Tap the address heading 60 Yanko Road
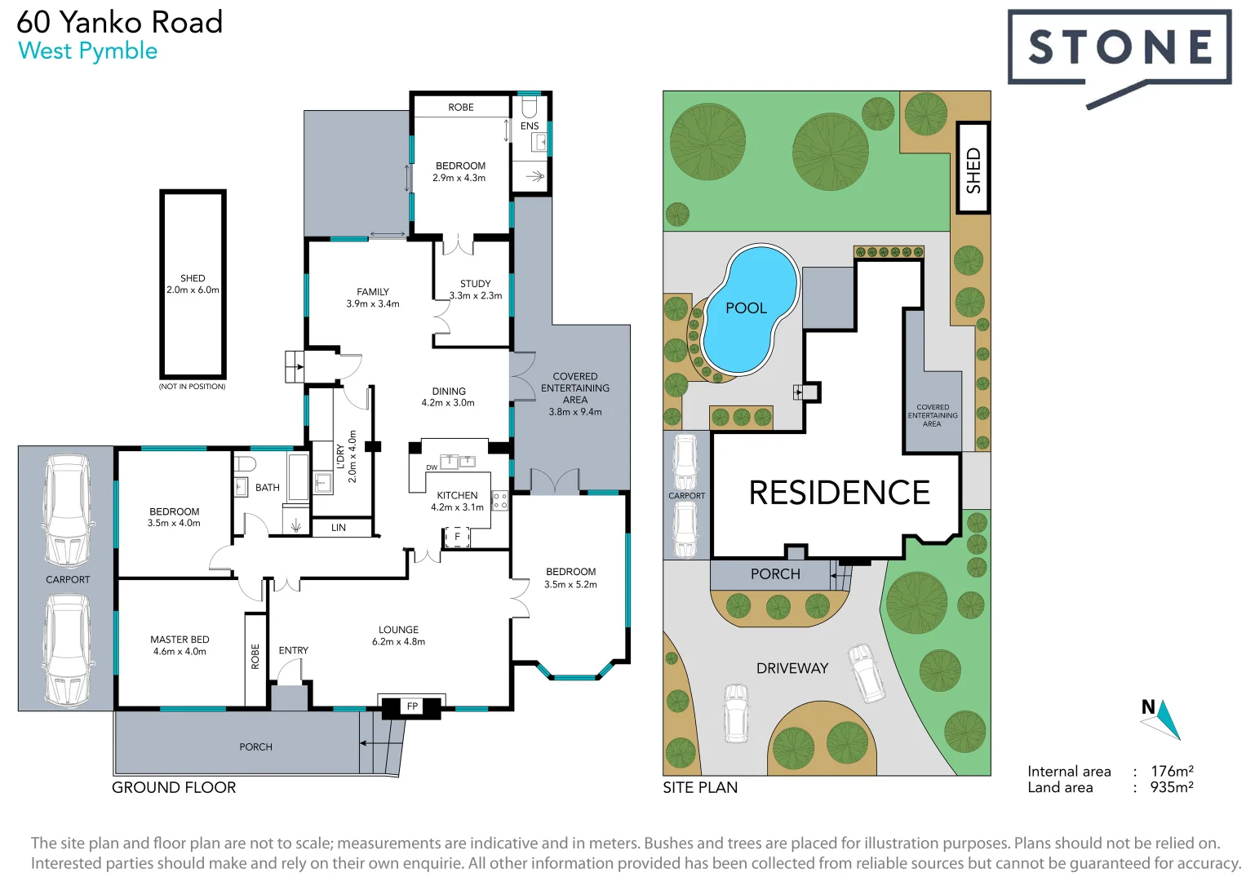click(120, 22)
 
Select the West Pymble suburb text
click(87, 51)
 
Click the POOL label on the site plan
click(746, 308)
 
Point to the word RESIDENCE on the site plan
click(839, 493)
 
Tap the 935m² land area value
click(1172, 787)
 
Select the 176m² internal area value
click(1172, 771)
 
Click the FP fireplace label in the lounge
click(412, 706)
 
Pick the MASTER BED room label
click(180, 640)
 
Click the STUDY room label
click(475, 284)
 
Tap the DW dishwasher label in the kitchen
click(432, 467)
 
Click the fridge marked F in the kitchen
click(458, 537)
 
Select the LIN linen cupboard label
click(339, 528)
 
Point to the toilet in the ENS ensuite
click(529, 108)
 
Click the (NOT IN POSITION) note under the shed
click(192, 387)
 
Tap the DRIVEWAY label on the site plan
click(791, 668)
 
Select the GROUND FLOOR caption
click(174, 787)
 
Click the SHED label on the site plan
click(973, 170)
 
